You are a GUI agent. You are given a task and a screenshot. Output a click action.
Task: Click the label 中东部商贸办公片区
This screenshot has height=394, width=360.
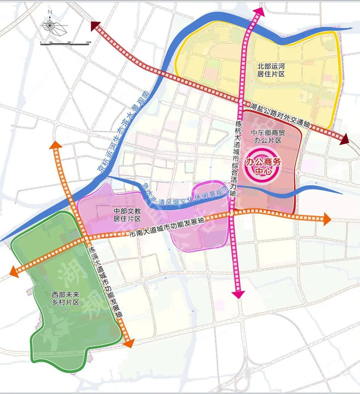(x=267, y=136)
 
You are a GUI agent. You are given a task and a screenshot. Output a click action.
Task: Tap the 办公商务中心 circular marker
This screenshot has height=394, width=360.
(x=264, y=166)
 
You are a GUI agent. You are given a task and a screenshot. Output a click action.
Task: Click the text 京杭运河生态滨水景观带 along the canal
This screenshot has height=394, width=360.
(x=123, y=129)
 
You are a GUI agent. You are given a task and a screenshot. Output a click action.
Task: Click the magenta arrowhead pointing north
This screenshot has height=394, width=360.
(x=257, y=12)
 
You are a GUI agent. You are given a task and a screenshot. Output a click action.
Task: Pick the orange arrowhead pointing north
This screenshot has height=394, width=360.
(x=56, y=146)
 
